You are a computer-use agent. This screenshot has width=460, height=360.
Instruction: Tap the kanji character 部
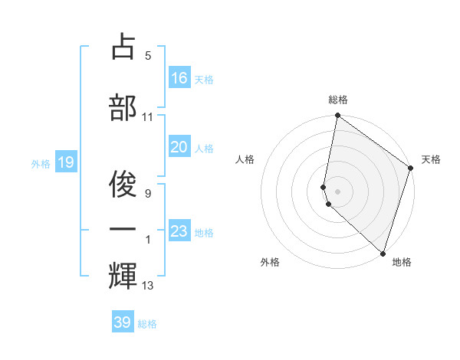(123, 106)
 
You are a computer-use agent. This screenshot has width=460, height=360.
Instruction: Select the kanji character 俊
(123, 181)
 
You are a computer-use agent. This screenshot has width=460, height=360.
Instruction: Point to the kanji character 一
(123, 228)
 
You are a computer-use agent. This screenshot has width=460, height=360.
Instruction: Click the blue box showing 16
(179, 78)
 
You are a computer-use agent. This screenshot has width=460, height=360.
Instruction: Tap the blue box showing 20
(179, 147)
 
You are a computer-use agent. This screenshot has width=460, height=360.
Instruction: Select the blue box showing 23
(179, 231)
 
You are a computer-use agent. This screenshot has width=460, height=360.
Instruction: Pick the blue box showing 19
(65, 162)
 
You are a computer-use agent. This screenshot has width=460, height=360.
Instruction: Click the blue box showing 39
(123, 322)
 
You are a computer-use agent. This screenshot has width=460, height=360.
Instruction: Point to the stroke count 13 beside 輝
(148, 286)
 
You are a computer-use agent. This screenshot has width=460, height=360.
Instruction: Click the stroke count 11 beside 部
(148, 117)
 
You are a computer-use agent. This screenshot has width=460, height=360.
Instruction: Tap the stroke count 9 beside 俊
(148, 193)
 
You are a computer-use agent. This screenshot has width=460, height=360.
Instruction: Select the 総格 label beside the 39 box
(147, 324)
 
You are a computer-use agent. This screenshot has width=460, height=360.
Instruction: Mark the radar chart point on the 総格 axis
(337, 116)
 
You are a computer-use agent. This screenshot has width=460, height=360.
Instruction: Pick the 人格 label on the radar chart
(245, 159)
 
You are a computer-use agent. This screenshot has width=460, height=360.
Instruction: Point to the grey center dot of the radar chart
(337, 190)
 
